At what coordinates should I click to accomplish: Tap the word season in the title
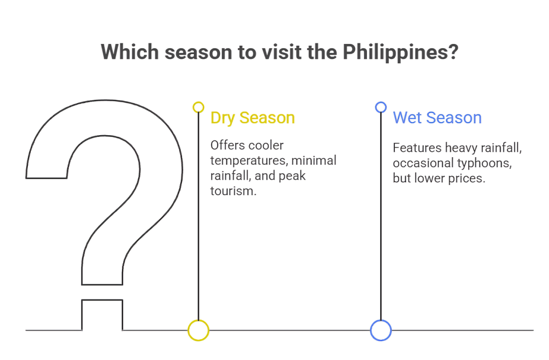pyautogui.click(x=199, y=53)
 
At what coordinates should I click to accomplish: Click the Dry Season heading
pyautogui.click(x=253, y=118)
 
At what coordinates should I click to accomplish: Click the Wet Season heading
pyautogui.click(x=437, y=117)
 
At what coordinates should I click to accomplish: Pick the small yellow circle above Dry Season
pyautogui.click(x=199, y=107)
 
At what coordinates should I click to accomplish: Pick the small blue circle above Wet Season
pyautogui.click(x=381, y=107)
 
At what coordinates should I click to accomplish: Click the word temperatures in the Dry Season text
pyautogui.click(x=249, y=161)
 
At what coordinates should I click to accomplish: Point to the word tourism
pyautogui.click(x=234, y=191)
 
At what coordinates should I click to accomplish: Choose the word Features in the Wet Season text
pyautogui.click(x=417, y=148)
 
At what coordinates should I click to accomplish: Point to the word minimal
pyautogui.click(x=314, y=160)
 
